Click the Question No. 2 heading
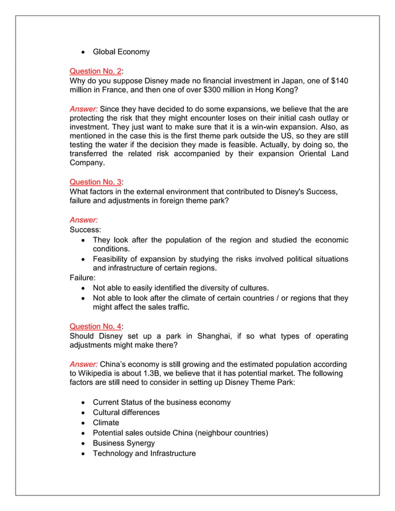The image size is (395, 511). (x=95, y=71)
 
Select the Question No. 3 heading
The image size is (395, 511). (x=95, y=182)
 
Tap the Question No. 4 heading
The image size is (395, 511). (x=95, y=326)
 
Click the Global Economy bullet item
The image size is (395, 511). (x=121, y=51)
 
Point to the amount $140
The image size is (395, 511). (x=339, y=81)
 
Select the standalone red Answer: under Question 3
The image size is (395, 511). (x=84, y=220)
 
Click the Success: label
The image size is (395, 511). (x=85, y=230)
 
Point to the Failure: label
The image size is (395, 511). (x=82, y=278)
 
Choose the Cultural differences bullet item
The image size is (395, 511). (x=126, y=413)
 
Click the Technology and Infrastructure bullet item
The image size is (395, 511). (x=144, y=453)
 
